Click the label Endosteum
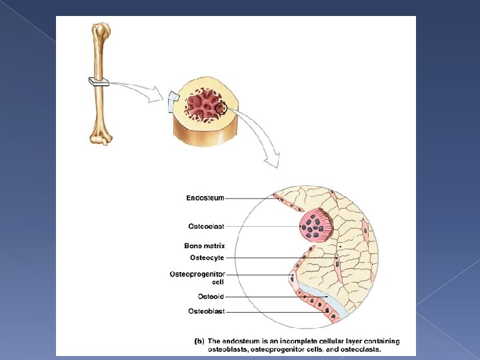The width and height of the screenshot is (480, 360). click(205, 198)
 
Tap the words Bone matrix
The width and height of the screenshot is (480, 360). click(204, 246)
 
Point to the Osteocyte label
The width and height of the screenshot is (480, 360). click(207, 257)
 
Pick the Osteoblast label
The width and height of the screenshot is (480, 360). click(206, 311)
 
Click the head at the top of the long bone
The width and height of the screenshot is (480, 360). click(101, 30)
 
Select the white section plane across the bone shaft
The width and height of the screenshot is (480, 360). click(99, 83)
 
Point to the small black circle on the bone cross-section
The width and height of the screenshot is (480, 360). click(223, 108)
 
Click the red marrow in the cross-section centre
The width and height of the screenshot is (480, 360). click(203, 106)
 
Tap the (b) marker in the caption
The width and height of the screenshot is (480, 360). click(199, 341)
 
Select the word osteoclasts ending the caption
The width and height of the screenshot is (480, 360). click(360, 349)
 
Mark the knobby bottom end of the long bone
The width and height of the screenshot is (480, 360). click(101, 138)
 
